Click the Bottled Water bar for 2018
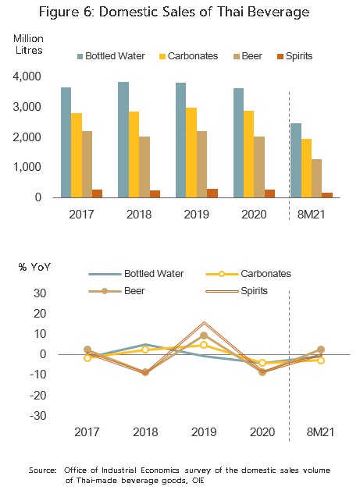[x=123, y=140]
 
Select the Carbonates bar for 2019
[x=191, y=152]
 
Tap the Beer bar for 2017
[x=87, y=164]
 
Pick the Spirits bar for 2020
[x=269, y=194]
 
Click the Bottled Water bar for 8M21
[x=296, y=161]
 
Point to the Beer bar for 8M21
[x=316, y=179]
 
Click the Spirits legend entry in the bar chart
[x=294, y=56]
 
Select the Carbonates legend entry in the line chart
[x=248, y=274]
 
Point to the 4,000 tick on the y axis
[x=27, y=76]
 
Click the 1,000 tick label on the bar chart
[x=27, y=167]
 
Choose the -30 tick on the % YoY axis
[x=38, y=416]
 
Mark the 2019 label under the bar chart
[x=197, y=215]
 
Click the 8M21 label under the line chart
[x=320, y=432]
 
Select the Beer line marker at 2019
[x=204, y=336]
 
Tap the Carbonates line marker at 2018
[x=145, y=350]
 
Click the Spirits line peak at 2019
[x=204, y=322]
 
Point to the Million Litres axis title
[x=28, y=44]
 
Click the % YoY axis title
[x=34, y=267]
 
